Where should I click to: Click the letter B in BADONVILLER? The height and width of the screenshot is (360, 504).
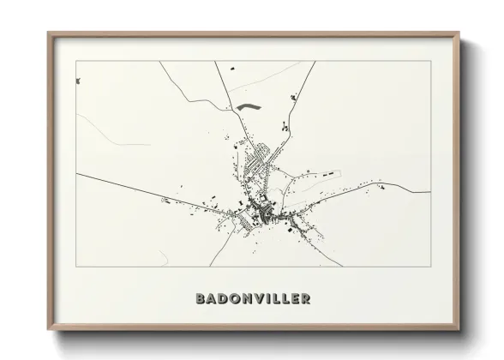click(201, 299)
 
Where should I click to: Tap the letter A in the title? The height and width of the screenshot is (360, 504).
click(212, 299)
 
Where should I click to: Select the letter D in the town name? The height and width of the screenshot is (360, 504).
click(223, 299)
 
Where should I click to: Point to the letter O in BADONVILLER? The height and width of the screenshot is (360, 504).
click(235, 299)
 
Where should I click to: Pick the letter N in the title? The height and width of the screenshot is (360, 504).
click(247, 299)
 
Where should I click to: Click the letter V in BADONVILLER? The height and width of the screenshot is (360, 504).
click(259, 299)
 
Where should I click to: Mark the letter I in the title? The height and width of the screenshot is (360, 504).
click(268, 299)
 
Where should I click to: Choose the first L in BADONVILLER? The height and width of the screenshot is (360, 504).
click(276, 299)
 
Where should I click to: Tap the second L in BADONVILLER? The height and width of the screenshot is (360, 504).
click(285, 299)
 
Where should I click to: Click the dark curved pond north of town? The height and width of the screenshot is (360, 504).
click(249, 107)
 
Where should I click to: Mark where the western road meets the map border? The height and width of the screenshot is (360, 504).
click(76, 174)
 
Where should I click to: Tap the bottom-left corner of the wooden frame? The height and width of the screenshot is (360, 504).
click(48, 330)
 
